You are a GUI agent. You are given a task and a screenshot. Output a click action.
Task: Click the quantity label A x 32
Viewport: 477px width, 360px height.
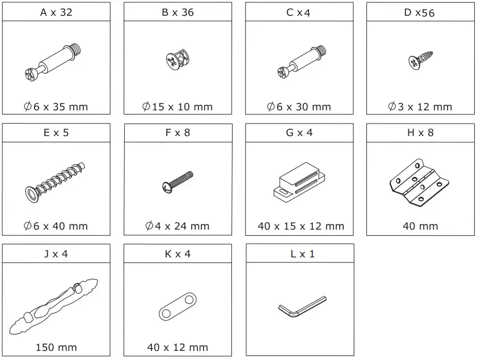pos(56,12)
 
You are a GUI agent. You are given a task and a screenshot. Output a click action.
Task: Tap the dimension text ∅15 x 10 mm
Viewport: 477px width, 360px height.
pos(178,107)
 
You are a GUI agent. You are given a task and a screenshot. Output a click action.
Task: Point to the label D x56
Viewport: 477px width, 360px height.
pos(420,12)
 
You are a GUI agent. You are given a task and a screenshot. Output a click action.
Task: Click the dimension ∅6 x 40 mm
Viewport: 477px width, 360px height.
pos(56,226)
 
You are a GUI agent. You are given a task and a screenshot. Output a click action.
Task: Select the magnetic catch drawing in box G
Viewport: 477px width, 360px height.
pos(299,181)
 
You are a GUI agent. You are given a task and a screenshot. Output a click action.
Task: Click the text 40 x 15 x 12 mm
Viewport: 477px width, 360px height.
pos(301,226)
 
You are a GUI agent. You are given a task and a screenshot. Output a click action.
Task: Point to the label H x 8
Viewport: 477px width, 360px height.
pos(420,133)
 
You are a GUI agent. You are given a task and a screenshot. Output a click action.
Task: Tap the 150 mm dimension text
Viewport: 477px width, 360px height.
pos(56,347)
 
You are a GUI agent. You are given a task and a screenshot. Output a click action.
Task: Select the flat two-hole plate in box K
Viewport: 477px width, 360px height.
pos(178,306)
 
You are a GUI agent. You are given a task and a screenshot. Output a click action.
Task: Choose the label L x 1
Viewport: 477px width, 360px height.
pos(299,254)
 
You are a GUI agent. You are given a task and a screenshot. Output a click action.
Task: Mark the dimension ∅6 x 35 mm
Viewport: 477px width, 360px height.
pos(56,107)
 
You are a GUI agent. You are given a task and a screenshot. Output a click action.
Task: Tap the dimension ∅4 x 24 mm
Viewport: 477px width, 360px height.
pos(178,226)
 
